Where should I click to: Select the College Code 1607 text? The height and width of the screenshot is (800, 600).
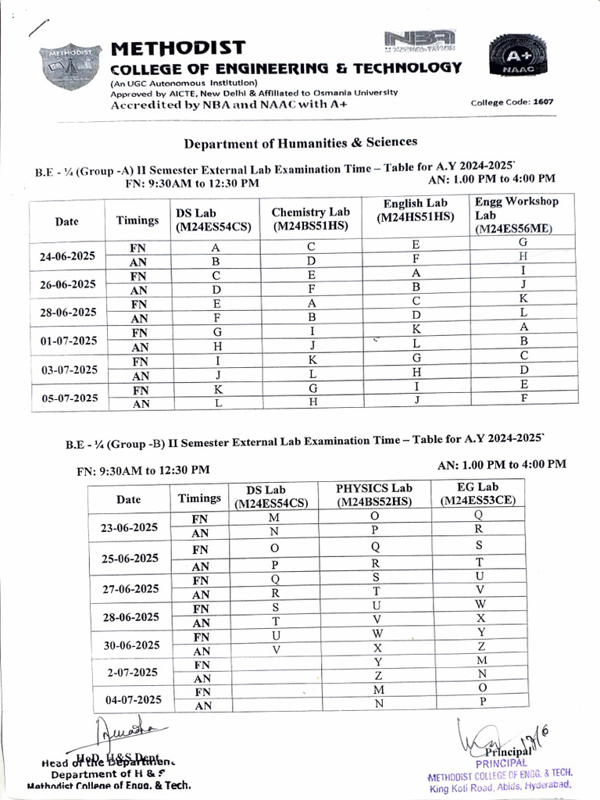click(512, 102)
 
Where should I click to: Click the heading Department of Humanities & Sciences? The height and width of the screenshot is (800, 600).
click(300, 142)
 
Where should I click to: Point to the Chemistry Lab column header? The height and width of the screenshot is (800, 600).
click(311, 219)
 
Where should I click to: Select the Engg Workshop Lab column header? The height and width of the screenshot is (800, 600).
click(516, 215)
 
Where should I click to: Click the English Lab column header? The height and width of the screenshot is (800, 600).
click(414, 210)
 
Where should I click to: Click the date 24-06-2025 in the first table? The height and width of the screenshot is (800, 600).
click(67, 255)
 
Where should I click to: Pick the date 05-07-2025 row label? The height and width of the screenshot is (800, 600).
click(67, 397)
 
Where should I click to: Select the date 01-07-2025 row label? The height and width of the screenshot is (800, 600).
click(67, 341)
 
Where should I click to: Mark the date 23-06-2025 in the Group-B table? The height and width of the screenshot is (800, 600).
click(129, 527)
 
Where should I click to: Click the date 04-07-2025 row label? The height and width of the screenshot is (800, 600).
click(129, 699)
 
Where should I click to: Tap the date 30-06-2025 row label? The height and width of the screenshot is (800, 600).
click(129, 645)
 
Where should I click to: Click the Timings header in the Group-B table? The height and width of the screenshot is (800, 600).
click(199, 498)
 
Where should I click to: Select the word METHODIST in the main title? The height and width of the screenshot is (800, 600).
click(178, 48)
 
